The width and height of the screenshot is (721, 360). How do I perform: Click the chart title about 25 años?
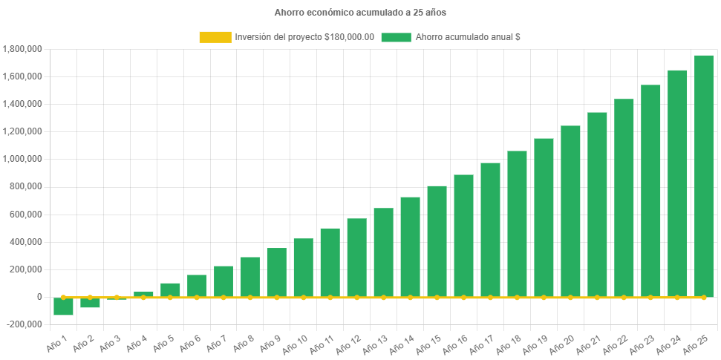click(360, 13)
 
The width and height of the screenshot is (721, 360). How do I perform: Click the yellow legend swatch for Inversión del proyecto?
click(215, 37)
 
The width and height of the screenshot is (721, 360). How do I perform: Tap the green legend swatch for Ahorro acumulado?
click(395, 37)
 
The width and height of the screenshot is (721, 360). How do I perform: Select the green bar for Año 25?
click(703, 176)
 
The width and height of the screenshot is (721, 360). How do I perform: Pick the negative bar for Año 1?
click(63, 306)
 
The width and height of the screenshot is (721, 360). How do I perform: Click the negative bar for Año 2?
click(90, 302)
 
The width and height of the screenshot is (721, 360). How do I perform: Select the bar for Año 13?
click(383, 252)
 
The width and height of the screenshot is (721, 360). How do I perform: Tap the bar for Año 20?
click(570, 211)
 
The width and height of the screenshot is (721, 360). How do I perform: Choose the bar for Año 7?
click(224, 281)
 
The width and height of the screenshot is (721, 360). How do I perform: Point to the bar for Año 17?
click(490, 229)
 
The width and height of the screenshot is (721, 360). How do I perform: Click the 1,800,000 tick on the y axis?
click(22, 49)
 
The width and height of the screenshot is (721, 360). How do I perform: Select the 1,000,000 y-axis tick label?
click(22, 159)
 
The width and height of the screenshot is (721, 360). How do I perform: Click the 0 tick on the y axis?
click(38, 297)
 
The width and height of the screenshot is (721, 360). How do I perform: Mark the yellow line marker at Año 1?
click(63, 297)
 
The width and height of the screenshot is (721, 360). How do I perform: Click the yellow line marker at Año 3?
click(117, 297)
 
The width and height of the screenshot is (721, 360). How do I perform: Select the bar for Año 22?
click(624, 197)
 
